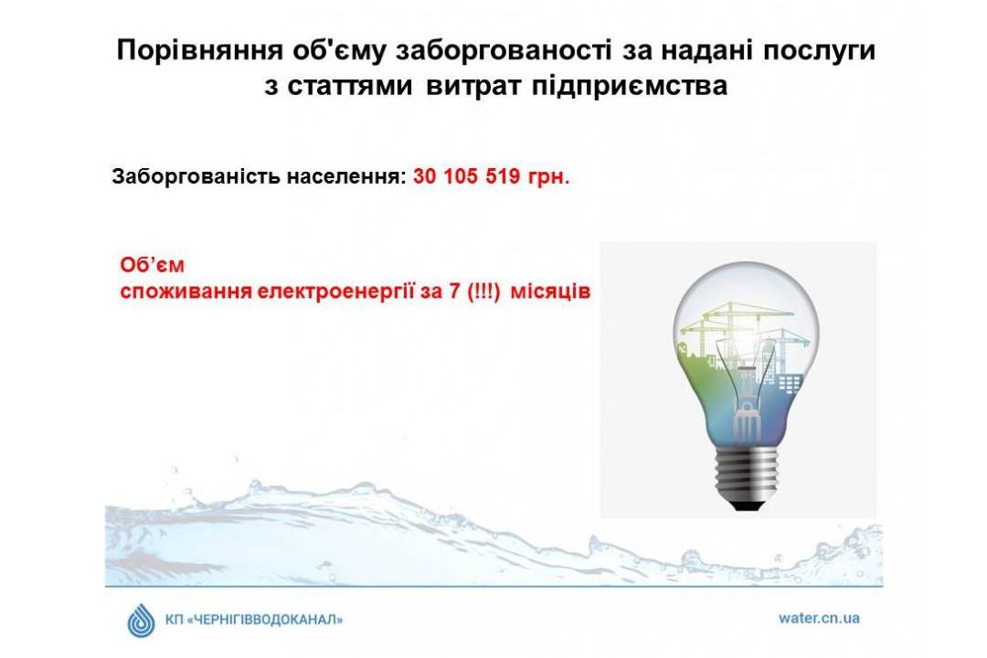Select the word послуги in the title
click(x=819, y=51)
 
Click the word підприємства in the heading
click(x=630, y=86)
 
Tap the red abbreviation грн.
click(x=549, y=177)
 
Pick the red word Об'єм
click(x=152, y=265)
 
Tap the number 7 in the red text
click(x=454, y=292)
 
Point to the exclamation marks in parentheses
click(x=483, y=292)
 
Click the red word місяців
click(x=550, y=292)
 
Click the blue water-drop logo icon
click(x=141, y=621)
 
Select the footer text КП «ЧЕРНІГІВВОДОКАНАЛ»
click(x=254, y=620)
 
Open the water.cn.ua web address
click(x=819, y=618)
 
